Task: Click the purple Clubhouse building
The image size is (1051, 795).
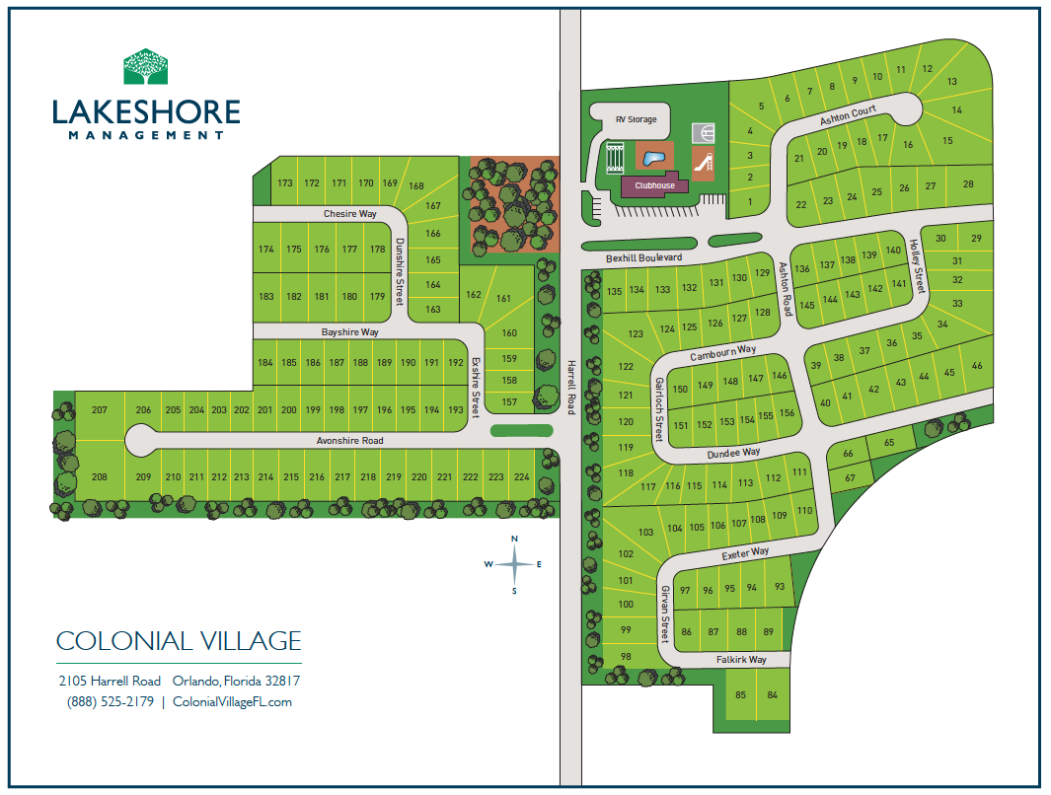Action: pos(654,185)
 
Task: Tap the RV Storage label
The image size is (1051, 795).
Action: pos(636,119)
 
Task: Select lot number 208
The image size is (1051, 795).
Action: pos(99,477)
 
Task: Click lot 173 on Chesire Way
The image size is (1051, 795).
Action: pos(285,182)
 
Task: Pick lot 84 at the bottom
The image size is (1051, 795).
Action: pos(773,695)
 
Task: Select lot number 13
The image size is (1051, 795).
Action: pos(952,82)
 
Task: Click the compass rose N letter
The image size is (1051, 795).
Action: pos(514,539)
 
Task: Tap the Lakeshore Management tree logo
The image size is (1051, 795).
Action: pos(145,67)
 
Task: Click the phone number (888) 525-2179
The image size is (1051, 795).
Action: pos(111,702)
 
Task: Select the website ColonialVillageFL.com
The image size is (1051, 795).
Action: pos(232,702)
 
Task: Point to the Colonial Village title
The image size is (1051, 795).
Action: pos(179,641)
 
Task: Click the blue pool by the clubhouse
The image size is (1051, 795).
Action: pos(650,158)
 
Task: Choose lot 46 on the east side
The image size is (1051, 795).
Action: pos(977,366)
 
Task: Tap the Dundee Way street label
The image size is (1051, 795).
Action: pos(733,453)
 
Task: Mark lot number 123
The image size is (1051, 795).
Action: pos(636,334)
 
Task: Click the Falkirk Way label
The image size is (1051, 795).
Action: pos(741,659)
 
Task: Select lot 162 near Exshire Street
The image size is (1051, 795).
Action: pos(474,294)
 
